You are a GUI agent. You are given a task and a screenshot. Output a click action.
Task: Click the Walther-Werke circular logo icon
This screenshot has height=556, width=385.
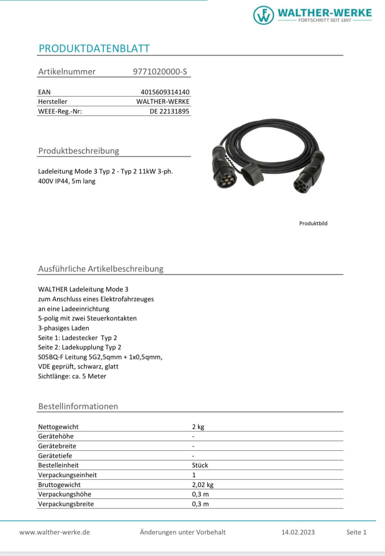264,15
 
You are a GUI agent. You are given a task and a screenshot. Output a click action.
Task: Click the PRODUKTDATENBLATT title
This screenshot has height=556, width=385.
94,49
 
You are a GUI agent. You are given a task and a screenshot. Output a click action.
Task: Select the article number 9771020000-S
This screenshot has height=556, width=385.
160,72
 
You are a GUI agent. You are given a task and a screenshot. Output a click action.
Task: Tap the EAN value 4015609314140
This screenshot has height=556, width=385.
165,92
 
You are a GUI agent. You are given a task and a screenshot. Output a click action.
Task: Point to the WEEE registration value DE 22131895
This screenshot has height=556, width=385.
169,111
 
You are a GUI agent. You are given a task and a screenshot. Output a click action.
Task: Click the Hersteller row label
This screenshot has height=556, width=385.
53,102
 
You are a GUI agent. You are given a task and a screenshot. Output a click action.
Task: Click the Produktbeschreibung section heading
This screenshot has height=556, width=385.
78,151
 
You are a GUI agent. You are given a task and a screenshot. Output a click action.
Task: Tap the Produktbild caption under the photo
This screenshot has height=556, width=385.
313,223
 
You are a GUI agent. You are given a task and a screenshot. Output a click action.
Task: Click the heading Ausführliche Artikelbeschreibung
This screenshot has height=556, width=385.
101,269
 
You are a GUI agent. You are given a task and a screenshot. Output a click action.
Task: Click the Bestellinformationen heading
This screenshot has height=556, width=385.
78,406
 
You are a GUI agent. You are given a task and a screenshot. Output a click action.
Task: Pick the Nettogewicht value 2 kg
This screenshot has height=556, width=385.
198,427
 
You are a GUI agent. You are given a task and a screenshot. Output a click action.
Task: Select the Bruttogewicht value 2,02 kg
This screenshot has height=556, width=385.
203,485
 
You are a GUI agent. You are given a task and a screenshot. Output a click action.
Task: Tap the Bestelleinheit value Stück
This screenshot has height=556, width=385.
200,465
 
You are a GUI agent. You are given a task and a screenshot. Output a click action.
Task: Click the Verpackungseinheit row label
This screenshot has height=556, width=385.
68,475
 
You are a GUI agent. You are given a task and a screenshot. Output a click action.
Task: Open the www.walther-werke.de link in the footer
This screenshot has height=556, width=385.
55,532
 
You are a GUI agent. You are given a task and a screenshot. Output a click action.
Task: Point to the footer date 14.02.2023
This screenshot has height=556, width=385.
298,532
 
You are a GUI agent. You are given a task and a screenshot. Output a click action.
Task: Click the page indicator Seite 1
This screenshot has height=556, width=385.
356,532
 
